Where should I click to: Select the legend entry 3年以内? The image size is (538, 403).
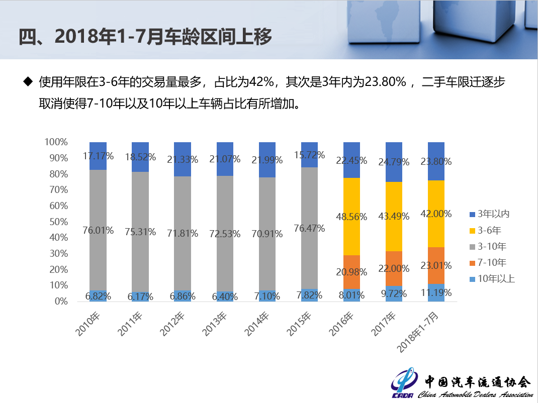click(493, 214)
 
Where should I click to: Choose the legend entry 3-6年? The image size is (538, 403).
click(489, 230)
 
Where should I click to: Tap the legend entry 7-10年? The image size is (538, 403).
click(492, 262)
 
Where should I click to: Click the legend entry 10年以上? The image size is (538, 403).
click(496, 278)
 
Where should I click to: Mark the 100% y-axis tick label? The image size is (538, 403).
click(56, 142)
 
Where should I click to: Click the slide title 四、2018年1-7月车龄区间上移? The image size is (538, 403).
click(146, 37)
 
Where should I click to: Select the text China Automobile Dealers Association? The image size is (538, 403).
click(475, 394)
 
